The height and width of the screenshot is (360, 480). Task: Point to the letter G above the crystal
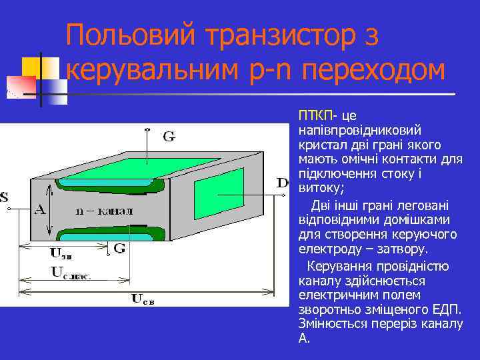(169, 137)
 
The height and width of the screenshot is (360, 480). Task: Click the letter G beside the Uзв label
(120, 248)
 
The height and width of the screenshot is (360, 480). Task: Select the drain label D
(283, 182)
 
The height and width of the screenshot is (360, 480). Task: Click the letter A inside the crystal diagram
(40, 209)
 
